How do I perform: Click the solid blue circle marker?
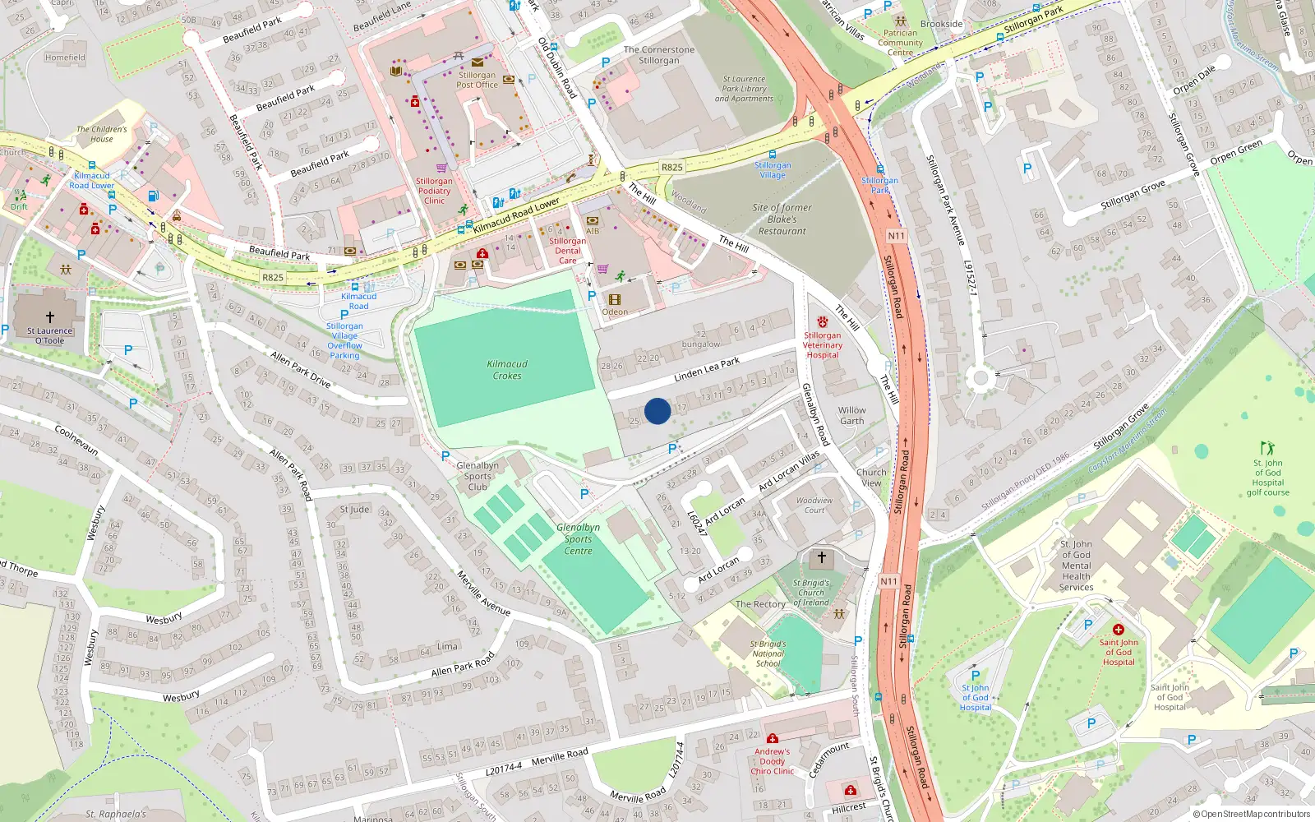coord(657,411)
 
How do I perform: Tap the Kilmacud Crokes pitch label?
coord(507,370)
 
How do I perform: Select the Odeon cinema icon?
coord(614,300)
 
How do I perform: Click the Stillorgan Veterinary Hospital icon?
coord(823,321)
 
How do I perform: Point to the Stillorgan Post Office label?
coord(477,80)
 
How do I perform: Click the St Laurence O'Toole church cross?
coord(49,316)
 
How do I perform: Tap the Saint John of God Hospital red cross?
coord(1118,630)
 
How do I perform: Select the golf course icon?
coord(1267,448)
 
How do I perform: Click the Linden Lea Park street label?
coord(707,370)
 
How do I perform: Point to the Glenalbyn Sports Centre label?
coord(578,539)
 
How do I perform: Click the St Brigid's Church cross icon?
coord(821,557)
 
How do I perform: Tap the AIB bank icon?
coord(593,221)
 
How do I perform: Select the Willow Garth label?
coord(851,415)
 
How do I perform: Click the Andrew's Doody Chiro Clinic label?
coord(773,761)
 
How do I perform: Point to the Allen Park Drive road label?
coord(300,371)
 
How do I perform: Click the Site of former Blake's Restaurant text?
coord(782,219)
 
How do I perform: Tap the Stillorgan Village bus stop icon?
coord(773,154)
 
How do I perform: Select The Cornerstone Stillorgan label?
coord(658,55)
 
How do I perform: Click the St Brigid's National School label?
coord(768,653)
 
